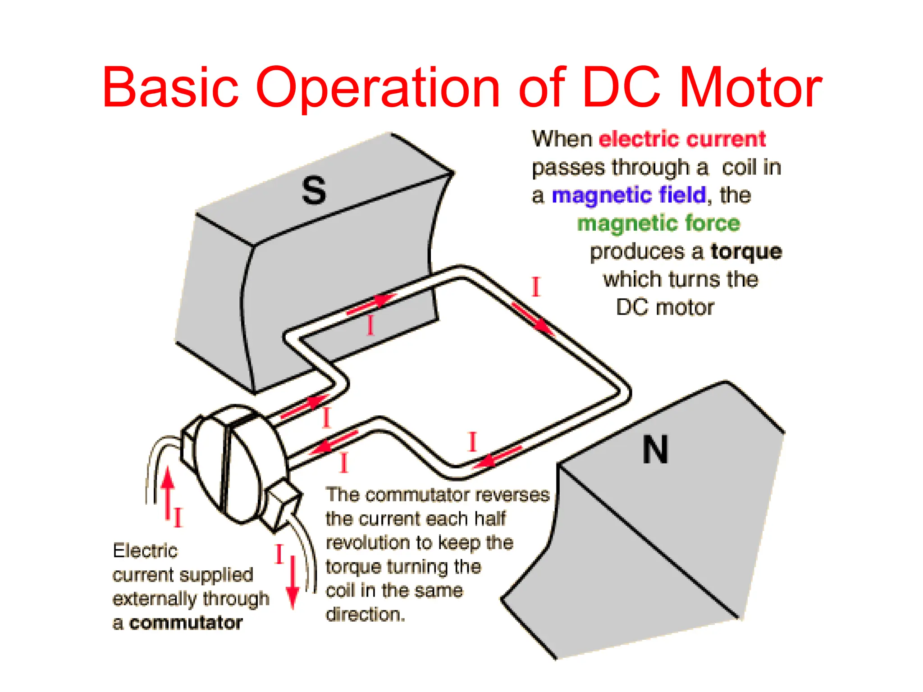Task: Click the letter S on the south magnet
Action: point(314,191)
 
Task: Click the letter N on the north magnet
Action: point(655,450)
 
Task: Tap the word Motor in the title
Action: point(750,88)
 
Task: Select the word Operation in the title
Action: point(378,88)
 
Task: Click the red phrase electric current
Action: point(682,139)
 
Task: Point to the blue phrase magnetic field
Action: point(629,195)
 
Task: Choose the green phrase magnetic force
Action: point(658,223)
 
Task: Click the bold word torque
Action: point(746,251)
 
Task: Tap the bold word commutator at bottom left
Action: point(186,623)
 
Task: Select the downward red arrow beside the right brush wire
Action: point(293,583)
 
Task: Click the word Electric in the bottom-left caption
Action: point(145,551)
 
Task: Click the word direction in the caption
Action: point(365,615)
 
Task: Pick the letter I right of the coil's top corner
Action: point(536,287)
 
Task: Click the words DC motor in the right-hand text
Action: point(665,308)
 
